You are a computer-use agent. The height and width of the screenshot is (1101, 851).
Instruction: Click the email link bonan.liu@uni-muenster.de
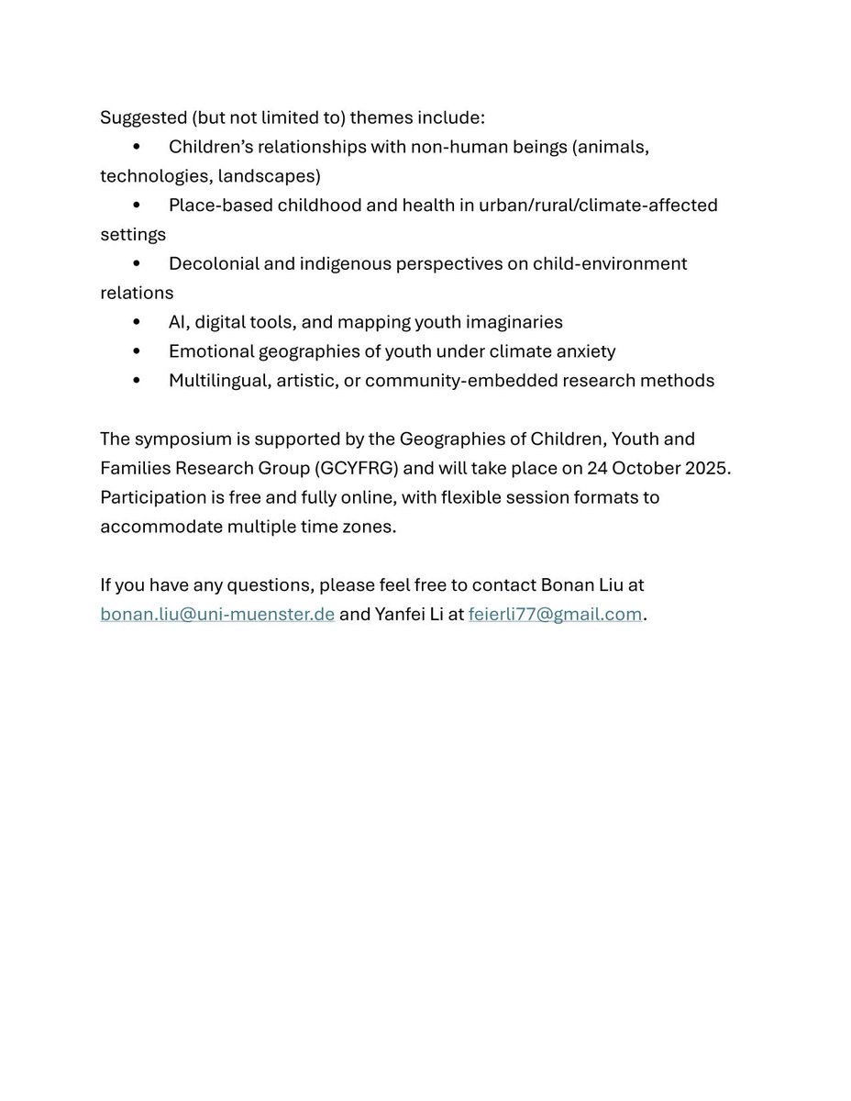(x=217, y=614)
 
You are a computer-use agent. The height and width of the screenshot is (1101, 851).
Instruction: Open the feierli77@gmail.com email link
(x=555, y=614)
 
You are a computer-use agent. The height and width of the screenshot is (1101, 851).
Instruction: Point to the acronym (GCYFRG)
(x=357, y=468)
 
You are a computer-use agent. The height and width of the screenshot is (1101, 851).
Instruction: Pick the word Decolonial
(x=211, y=263)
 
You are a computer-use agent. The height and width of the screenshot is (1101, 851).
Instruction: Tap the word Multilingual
(x=217, y=380)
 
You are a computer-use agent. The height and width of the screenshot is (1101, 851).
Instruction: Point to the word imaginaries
(x=516, y=322)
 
